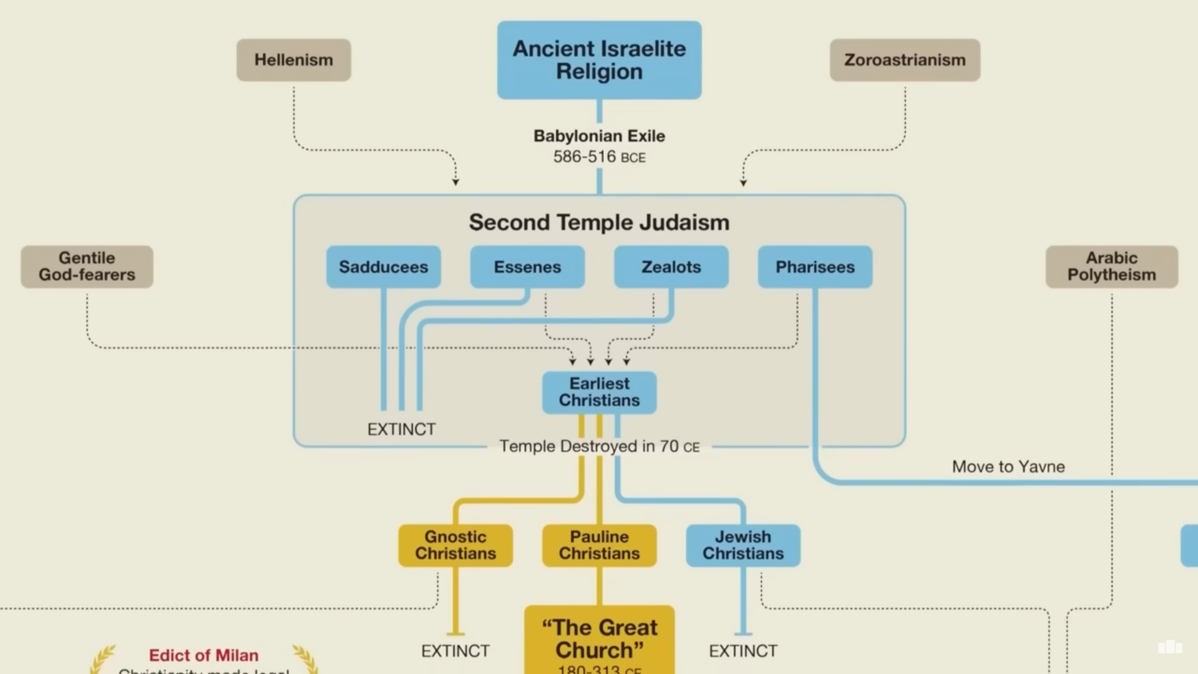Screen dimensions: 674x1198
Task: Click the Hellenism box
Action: tap(293, 60)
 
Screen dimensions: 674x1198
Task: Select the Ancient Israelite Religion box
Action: tap(599, 60)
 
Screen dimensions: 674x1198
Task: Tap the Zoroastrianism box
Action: tap(905, 60)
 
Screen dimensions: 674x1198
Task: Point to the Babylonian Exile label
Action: tap(599, 136)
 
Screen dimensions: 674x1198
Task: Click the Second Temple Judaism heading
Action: tap(599, 222)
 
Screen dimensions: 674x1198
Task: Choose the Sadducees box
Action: tap(383, 267)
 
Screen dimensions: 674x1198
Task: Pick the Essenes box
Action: tap(527, 267)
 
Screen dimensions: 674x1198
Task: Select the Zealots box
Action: tap(671, 267)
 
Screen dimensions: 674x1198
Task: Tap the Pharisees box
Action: tap(815, 267)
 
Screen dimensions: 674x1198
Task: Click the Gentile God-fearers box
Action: tap(87, 266)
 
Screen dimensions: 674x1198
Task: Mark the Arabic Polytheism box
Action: tap(1111, 266)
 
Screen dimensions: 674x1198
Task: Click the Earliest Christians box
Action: tap(599, 392)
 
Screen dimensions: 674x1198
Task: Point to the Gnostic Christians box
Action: tap(455, 545)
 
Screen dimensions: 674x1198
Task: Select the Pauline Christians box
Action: tap(599, 545)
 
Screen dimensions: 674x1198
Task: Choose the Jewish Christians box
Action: tap(743, 545)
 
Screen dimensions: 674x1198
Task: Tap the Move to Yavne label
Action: tap(1008, 466)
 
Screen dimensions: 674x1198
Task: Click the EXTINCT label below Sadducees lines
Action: tap(401, 429)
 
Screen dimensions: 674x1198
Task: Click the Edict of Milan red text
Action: tap(203, 655)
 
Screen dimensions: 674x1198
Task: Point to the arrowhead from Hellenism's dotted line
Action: tap(455, 182)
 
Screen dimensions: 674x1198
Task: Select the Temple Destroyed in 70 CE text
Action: tap(599, 446)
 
